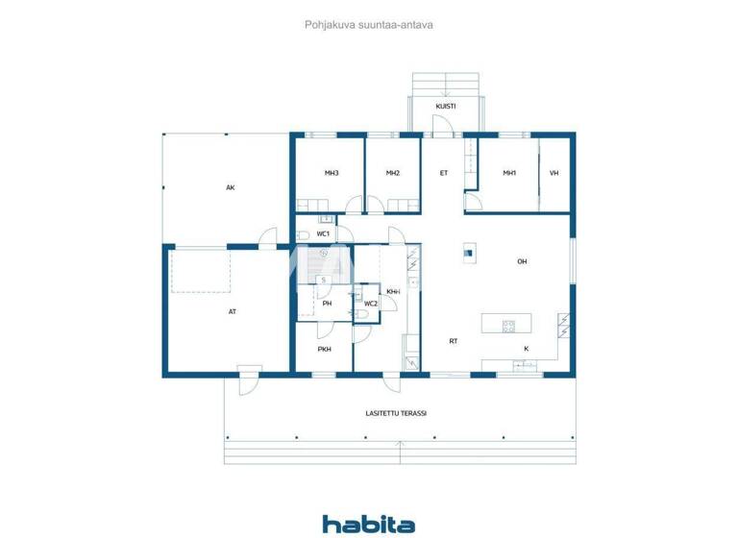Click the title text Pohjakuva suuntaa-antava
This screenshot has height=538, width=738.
[368, 26]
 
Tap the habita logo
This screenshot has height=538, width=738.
[368, 524]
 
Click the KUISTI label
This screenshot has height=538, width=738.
[445, 106]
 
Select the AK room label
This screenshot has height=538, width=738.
[231, 187]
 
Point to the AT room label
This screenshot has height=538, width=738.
[233, 311]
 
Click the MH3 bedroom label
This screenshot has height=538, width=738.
[331, 173]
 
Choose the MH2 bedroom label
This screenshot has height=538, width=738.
[392, 173]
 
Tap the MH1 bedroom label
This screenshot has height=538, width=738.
[509, 173]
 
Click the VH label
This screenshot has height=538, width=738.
[554, 173]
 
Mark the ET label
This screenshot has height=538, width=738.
[444, 173]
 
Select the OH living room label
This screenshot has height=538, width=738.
[523, 261]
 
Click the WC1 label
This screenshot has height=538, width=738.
[324, 233]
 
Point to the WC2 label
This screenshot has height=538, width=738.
[370, 304]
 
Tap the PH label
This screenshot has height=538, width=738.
[327, 304]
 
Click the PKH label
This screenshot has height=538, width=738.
[325, 349]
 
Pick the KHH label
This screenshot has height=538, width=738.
[392, 291]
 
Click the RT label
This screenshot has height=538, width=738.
[453, 341]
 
